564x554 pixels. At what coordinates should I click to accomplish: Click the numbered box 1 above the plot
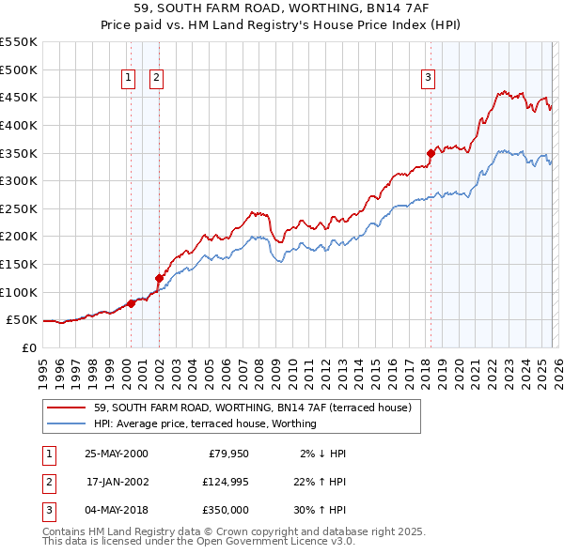click(128, 79)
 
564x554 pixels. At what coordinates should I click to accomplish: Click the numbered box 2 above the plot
click(156, 79)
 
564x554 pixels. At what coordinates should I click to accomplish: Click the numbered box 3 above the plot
click(428, 79)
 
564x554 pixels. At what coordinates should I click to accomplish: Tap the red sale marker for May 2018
click(431, 153)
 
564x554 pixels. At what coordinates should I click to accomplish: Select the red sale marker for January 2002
click(159, 278)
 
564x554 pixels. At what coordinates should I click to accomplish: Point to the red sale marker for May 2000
click(131, 302)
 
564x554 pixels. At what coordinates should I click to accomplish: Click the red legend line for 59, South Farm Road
click(66, 408)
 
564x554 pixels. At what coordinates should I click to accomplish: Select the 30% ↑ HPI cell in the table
click(318, 510)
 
